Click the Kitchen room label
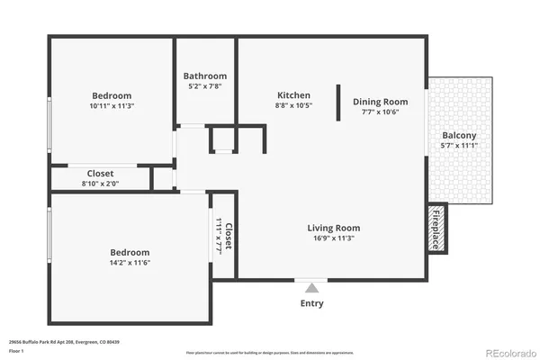[x=293, y=95]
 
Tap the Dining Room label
[x=380, y=102]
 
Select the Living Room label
[x=334, y=228]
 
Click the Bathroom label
[x=205, y=76]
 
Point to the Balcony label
[x=459, y=134]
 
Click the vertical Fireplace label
[x=437, y=228]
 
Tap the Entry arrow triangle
[x=311, y=287]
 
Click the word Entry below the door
[x=311, y=303]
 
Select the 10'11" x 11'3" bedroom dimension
[x=112, y=106]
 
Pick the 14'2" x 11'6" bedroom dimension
[x=130, y=264]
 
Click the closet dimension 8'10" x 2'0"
[x=100, y=184]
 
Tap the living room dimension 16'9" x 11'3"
[x=334, y=238]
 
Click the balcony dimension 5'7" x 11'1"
[x=459, y=145]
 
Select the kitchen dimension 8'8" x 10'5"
[x=293, y=106]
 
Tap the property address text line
[x=64, y=342]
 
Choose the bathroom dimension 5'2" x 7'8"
[x=205, y=87]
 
